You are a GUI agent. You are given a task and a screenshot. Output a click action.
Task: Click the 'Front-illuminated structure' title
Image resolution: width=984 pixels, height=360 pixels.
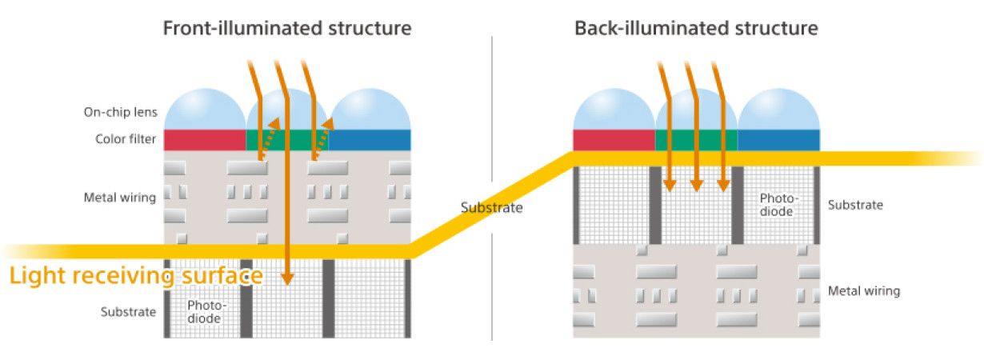[287, 29]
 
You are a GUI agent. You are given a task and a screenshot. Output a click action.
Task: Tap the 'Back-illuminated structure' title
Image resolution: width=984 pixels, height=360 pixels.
[696, 29]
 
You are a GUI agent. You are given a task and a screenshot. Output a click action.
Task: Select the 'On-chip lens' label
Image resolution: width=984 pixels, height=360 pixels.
[120, 112]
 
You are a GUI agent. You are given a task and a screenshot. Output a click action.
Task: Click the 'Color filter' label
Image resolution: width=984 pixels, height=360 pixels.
[126, 139]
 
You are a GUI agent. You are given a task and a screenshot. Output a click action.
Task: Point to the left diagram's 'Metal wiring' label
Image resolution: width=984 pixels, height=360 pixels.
[120, 198]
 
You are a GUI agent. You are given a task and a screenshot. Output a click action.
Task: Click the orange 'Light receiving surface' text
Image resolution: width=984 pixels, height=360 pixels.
[136, 276]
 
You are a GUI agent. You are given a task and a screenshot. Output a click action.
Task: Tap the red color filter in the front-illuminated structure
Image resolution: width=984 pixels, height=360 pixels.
[205, 140]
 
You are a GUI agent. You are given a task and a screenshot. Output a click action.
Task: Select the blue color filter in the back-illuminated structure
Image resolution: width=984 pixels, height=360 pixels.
[779, 140]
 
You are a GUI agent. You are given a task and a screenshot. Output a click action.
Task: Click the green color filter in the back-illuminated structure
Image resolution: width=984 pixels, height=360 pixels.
[696, 140]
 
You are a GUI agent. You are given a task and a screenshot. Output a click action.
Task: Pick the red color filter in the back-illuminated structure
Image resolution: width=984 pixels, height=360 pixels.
[614, 140]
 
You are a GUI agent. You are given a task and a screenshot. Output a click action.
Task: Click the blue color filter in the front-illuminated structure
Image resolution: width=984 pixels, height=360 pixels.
[370, 140]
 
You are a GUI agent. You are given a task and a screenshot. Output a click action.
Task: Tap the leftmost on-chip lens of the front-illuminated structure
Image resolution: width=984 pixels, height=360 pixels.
[205, 110]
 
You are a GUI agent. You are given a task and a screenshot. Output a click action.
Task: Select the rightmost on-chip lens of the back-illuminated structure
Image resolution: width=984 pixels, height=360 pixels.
[779, 110]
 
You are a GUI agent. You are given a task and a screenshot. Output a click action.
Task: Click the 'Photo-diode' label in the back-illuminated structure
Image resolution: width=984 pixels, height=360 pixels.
[778, 205]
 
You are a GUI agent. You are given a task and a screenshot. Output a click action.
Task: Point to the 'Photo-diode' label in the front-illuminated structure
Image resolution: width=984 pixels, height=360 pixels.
[206, 312]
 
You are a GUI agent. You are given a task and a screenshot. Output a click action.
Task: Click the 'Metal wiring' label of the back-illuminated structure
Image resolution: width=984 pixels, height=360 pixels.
[864, 291]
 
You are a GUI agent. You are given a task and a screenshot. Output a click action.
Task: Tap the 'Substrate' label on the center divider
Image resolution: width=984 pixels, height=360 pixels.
[491, 208]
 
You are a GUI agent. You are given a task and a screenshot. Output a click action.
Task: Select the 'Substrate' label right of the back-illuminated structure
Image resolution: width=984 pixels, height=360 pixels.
[855, 205]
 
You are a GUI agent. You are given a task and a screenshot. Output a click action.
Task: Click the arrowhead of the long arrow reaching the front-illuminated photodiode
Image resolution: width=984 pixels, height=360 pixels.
[287, 279]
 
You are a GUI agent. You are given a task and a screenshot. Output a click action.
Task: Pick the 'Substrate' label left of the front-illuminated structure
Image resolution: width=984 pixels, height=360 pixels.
[128, 312]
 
